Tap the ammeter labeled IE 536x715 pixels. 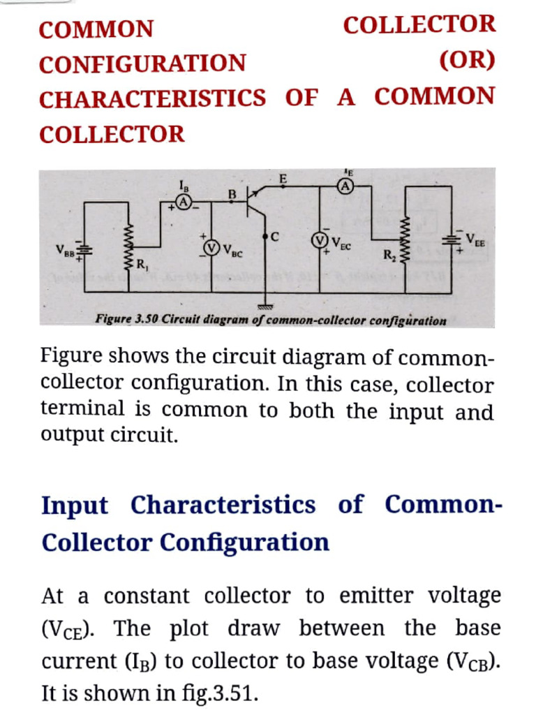click(x=345, y=186)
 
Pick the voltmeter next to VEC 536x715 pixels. click(x=320, y=242)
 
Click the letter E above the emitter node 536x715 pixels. click(x=283, y=179)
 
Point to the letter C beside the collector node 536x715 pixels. click(x=276, y=237)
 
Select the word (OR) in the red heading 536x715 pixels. click(x=467, y=61)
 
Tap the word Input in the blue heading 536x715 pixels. click(x=75, y=504)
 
